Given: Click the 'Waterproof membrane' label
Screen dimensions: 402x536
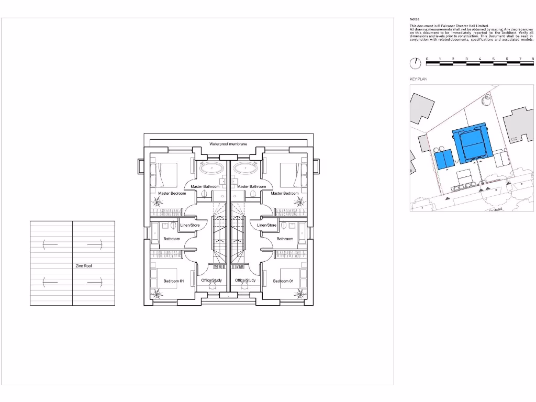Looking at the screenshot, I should tap(228, 143).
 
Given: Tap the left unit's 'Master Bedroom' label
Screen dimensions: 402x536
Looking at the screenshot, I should tap(172, 193).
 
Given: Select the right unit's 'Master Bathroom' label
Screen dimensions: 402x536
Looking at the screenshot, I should tap(251, 186).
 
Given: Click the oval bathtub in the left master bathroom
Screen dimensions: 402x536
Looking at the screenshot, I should tap(211, 169).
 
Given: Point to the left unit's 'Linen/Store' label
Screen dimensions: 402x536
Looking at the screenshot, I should tap(190, 225).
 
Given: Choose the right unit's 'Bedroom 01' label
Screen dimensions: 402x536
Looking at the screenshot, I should tap(283, 281).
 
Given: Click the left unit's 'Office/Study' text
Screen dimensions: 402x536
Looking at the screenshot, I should tap(211, 280).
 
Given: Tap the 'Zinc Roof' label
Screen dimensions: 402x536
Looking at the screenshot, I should tap(84, 266).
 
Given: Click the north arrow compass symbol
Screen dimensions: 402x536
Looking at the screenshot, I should tap(415, 63).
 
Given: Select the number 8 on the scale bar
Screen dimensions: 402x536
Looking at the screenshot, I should tap(532, 59).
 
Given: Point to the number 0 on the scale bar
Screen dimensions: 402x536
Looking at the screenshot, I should tap(427, 59).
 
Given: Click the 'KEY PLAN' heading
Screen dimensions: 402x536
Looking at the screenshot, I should tap(418, 79).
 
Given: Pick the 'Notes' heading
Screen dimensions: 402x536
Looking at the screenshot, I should tap(414, 19).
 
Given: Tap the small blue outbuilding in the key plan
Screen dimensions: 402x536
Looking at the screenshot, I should tap(443, 159).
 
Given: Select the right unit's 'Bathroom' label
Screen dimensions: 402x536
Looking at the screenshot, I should tap(285, 239).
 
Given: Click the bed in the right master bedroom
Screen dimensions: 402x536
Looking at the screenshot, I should tap(292, 174).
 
